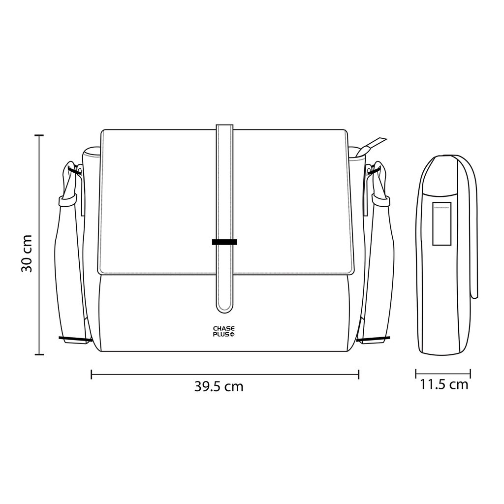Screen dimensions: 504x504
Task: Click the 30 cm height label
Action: tap(27, 253)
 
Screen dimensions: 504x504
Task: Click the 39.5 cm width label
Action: tap(219, 386)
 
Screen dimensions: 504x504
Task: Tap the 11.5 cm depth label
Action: tap(444, 384)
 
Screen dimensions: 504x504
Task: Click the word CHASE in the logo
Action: tap(224, 328)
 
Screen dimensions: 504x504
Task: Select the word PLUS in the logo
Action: tap(221, 334)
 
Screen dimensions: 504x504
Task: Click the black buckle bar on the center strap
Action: tap(224, 242)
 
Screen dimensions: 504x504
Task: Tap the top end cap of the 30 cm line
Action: tap(39, 135)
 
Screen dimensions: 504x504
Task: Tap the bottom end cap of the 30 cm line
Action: tap(39, 354)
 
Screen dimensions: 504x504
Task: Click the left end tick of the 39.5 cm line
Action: tap(92, 375)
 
